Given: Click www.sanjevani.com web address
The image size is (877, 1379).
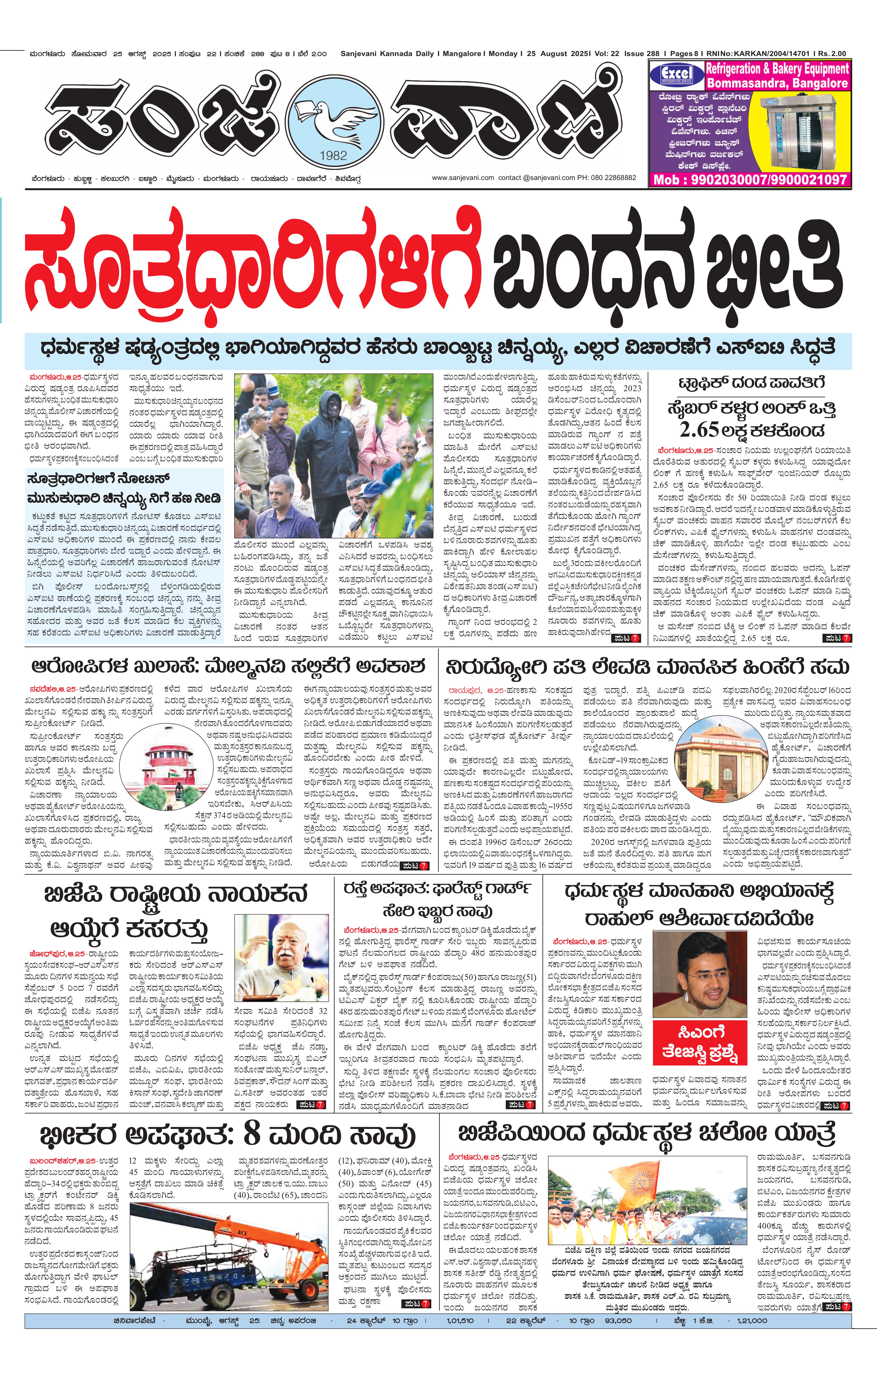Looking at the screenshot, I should click(462, 177).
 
